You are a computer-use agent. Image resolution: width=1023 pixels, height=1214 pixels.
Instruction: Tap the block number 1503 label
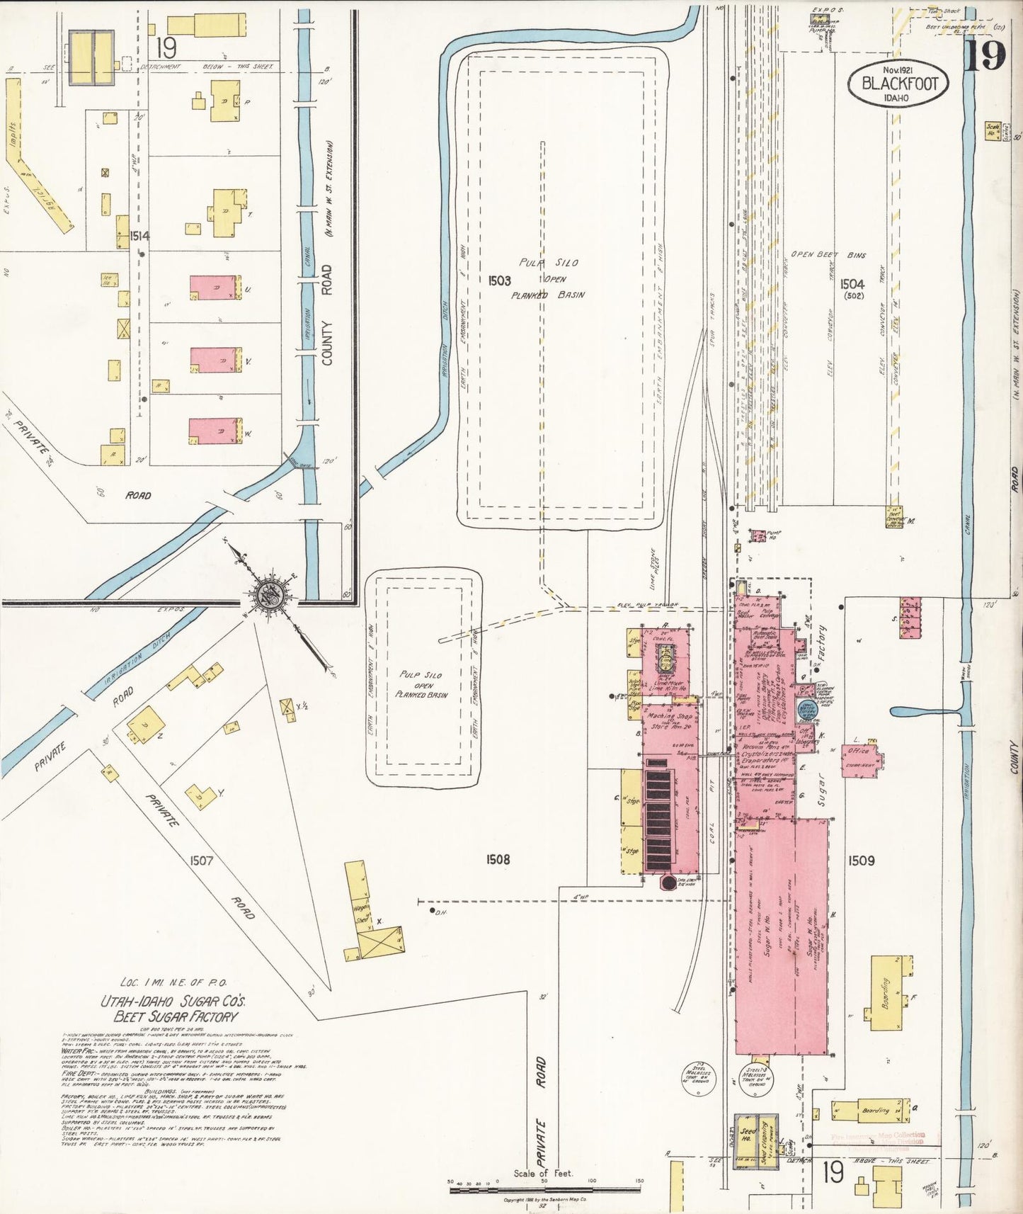pos(499,280)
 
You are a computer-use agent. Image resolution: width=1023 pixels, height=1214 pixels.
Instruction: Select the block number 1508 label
pos(498,859)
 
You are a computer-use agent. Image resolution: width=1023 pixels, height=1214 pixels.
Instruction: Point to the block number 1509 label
pos(861,860)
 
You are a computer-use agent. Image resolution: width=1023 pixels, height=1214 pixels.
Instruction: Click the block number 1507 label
pos(201,861)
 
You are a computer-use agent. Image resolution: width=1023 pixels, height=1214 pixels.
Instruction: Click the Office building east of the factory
pos(861,759)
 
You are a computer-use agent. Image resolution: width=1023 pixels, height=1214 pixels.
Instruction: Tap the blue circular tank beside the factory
pos(808,708)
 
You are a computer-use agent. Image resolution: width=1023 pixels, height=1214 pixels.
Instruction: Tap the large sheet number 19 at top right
pos(985,55)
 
